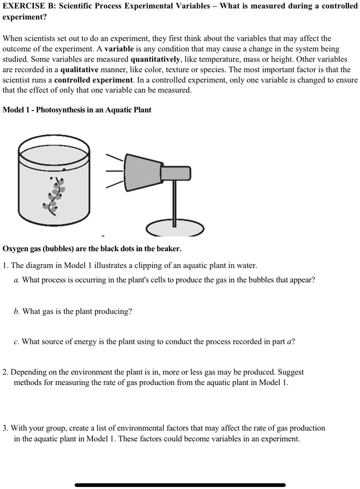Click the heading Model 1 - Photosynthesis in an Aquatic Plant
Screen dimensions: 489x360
point(77,109)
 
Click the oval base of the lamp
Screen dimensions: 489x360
point(175,228)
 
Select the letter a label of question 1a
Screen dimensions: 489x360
point(16,280)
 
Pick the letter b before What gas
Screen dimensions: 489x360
point(16,312)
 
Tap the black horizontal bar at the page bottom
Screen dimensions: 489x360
point(180,485)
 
